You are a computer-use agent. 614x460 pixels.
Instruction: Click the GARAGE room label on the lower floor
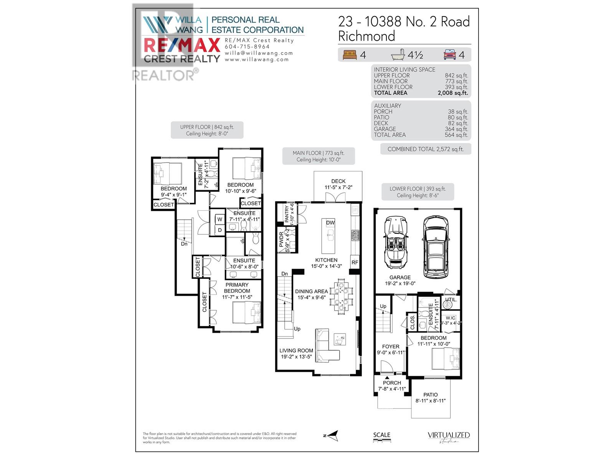pos(400,278)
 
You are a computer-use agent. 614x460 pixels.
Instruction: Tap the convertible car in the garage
pos(395,243)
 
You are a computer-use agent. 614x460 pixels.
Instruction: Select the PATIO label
pos(430,395)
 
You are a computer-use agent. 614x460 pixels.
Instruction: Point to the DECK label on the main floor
pos(338,181)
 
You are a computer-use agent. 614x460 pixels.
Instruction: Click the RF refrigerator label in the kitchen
pos(355,263)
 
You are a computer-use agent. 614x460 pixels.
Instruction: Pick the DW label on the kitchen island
pos(330,223)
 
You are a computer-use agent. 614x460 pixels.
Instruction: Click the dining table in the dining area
pos(340,296)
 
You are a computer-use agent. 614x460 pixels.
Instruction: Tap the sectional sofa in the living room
pos(327,345)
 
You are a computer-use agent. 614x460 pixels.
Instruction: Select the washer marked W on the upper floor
pos(220,220)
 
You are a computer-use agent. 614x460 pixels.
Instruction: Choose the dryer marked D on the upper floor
pos(220,230)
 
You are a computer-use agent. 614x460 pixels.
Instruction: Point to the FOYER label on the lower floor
pos(391,347)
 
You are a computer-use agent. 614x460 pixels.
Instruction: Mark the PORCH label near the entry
pos(392,383)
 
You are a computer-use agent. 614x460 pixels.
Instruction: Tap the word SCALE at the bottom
pos(381,435)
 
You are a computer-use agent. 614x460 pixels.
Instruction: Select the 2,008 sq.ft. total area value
pos(452,93)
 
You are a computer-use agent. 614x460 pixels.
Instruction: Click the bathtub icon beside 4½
pos(398,55)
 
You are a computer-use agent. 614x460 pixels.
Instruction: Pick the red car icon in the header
pos(449,55)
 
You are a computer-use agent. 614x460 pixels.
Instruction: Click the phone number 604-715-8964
pos(247,47)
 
